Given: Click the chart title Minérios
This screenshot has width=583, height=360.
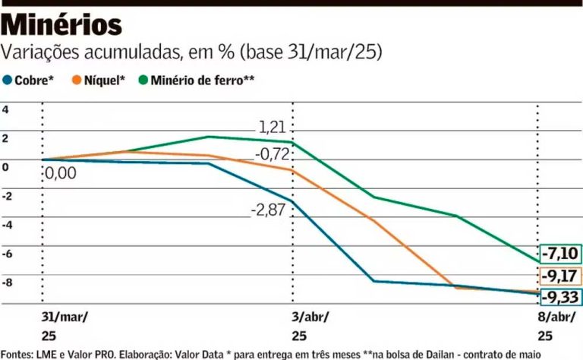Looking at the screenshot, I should [x=62, y=25].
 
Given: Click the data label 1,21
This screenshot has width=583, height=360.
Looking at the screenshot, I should [x=272, y=127].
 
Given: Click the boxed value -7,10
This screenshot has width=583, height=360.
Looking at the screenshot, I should [x=560, y=254].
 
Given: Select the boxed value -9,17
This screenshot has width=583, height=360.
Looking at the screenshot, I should [x=560, y=276].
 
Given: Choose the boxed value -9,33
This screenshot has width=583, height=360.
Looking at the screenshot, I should [x=560, y=296].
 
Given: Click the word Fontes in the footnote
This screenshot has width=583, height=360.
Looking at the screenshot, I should [x=17, y=353].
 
